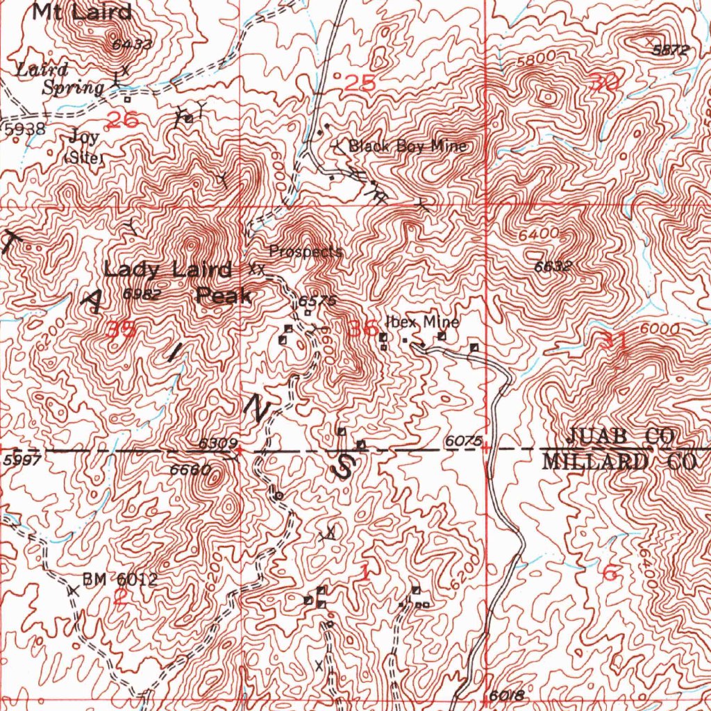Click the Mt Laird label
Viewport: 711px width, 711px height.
(82, 11)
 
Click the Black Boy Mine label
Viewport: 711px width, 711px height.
(408, 147)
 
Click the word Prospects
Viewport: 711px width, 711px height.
(306, 251)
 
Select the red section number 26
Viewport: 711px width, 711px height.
(123, 119)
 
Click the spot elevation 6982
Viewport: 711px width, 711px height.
(142, 294)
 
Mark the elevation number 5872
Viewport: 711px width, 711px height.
(673, 50)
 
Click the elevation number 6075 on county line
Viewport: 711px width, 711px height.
(463, 440)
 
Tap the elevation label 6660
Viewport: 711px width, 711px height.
(190, 470)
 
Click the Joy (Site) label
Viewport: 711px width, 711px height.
(83, 147)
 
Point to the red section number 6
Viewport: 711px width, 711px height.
(610, 574)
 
